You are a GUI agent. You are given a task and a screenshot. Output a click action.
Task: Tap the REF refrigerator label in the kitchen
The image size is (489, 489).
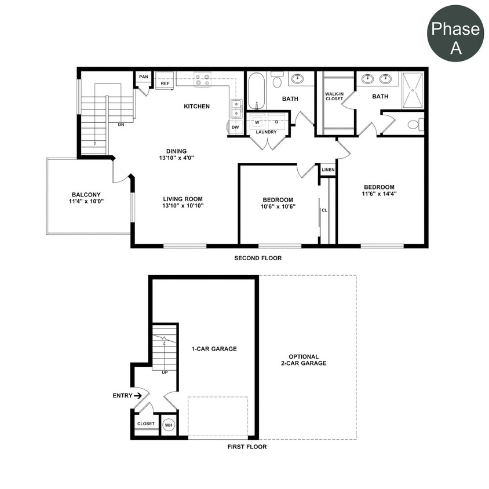[165, 83]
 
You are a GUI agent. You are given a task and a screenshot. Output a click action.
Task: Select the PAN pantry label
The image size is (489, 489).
[143, 76]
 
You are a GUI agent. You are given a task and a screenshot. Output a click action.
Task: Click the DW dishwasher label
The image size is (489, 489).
[235, 127]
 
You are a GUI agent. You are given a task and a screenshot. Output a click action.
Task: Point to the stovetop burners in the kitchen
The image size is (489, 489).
[202, 79]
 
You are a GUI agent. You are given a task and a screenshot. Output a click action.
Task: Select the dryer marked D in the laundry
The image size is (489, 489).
[276, 122]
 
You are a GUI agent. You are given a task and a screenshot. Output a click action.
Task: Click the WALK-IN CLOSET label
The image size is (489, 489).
[334, 96]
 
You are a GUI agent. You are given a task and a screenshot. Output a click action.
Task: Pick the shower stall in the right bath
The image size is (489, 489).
[413, 90]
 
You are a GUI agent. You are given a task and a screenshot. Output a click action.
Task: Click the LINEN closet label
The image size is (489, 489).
[328, 170]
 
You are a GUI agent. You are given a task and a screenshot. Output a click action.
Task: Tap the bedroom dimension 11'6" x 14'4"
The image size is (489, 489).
[379, 194]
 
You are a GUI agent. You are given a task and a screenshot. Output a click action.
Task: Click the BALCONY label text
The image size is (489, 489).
[86, 195]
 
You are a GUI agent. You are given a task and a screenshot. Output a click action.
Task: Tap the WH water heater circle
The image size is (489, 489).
[169, 425]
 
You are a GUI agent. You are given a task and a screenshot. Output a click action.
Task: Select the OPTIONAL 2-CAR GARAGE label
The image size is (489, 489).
[308, 360]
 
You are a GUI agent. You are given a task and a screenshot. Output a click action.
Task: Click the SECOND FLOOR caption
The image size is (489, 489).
[258, 258]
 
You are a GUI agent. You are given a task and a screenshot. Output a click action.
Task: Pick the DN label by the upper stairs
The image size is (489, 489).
[121, 124]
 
